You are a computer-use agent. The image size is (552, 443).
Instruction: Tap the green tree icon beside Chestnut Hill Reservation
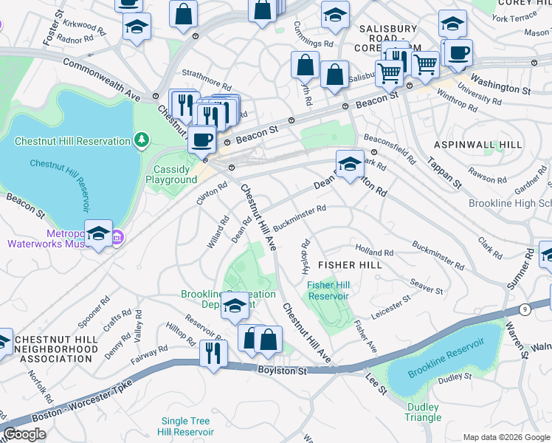[141, 140]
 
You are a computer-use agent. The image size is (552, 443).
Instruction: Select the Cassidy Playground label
[175, 174]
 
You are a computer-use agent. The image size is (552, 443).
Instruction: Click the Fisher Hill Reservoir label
[327, 290]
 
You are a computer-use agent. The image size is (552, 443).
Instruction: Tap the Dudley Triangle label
[423, 412]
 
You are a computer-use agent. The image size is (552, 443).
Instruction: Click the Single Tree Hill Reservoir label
[187, 426]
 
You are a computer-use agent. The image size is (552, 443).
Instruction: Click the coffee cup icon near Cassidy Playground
[201, 138]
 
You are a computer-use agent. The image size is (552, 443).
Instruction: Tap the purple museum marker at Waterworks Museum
[117, 237]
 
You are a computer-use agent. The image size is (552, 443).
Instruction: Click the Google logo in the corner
[24, 434]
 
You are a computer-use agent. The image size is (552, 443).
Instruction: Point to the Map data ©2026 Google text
[506, 437]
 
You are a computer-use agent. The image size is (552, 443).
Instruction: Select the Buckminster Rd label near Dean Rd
[300, 213]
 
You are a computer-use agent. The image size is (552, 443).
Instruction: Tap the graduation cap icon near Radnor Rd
[137, 27]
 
